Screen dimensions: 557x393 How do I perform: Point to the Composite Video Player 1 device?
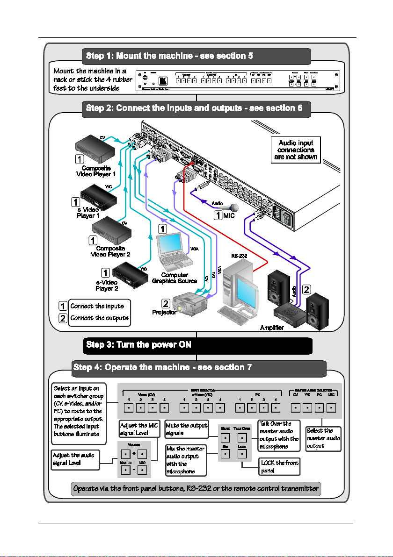click(x=96, y=147)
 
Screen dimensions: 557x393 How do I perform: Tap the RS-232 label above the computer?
click(x=240, y=256)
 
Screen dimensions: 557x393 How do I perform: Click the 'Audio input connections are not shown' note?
click(x=296, y=150)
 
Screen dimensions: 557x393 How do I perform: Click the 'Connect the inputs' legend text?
click(x=97, y=306)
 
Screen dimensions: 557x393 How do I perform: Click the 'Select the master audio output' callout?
click(x=323, y=439)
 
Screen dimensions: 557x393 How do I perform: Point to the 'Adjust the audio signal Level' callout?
click(x=75, y=459)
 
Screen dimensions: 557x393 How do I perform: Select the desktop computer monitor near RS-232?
click(x=248, y=290)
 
